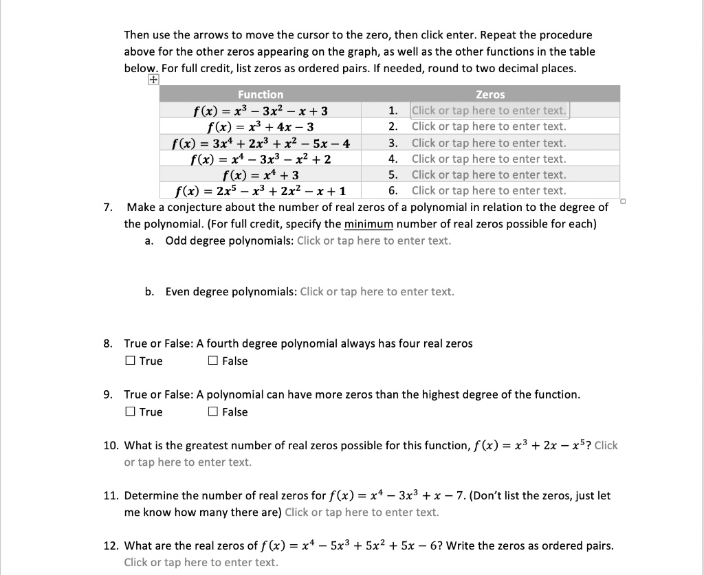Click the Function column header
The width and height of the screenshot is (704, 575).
pyautogui.click(x=260, y=94)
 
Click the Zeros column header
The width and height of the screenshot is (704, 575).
pyautogui.click(x=489, y=94)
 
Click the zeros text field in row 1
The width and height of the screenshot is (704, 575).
pyautogui.click(x=489, y=111)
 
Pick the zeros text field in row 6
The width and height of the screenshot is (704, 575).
pyautogui.click(x=489, y=191)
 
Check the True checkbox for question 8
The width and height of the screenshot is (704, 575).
pyautogui.click(x=130, y=361)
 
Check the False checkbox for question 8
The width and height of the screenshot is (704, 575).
pyautogui.click(x=212, y=361)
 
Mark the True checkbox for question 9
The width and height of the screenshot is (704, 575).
pyautogui.click(x=130, y=412)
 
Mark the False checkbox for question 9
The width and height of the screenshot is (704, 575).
pyautogui.click(x=212, y=412)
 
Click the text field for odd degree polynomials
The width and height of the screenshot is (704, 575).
pyautogui.click(x=374, y=240)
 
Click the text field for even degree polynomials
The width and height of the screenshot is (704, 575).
pyautogui.click(x=377, y=291)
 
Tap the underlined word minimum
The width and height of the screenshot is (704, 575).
pyautogui.click(x=364, y=224)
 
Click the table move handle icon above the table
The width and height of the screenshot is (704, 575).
pyautogui.click(x=151, y=80)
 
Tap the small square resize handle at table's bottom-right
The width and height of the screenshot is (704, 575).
pyautogui.click(x=622, y=201)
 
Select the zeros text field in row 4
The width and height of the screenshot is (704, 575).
pyautogui.click(x=489, y=159)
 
